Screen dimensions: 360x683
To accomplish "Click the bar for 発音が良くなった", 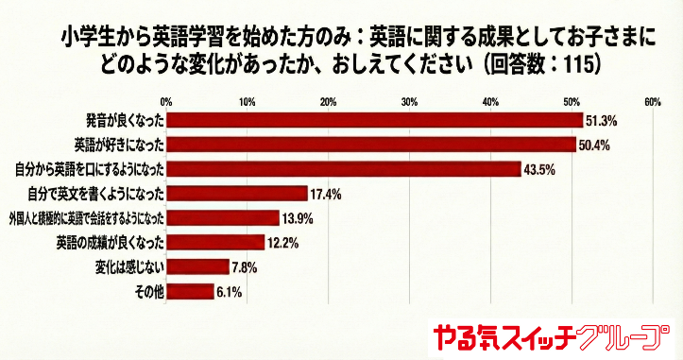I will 374,121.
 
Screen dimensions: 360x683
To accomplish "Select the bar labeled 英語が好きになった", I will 371,145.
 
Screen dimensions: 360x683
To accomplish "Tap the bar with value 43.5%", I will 343,169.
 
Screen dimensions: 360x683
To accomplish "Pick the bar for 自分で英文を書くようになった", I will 237,194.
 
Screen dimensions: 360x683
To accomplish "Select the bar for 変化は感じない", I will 197,267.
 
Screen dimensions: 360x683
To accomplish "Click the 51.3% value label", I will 602,121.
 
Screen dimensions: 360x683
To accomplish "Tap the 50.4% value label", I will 595,145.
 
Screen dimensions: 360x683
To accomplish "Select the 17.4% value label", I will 325,194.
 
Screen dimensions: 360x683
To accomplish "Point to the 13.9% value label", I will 297,218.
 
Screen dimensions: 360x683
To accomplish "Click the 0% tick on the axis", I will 166,101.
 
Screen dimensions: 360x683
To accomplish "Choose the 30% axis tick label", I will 409,101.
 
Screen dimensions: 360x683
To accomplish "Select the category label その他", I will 149,292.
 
